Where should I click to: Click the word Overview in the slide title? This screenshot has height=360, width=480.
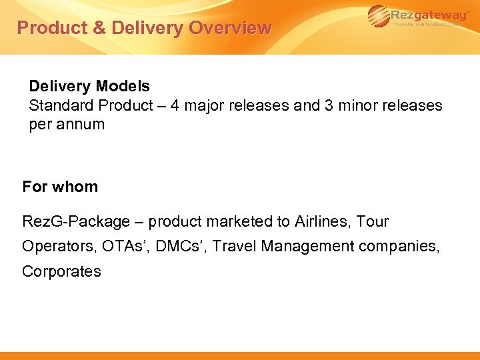pos(230,28)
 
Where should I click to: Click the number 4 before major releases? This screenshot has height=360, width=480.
pos(175,106)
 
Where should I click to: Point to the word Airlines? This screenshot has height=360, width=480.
pos(322,221)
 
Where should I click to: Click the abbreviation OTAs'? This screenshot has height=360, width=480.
pos(124,247)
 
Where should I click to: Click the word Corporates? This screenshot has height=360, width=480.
pos(61,271)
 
